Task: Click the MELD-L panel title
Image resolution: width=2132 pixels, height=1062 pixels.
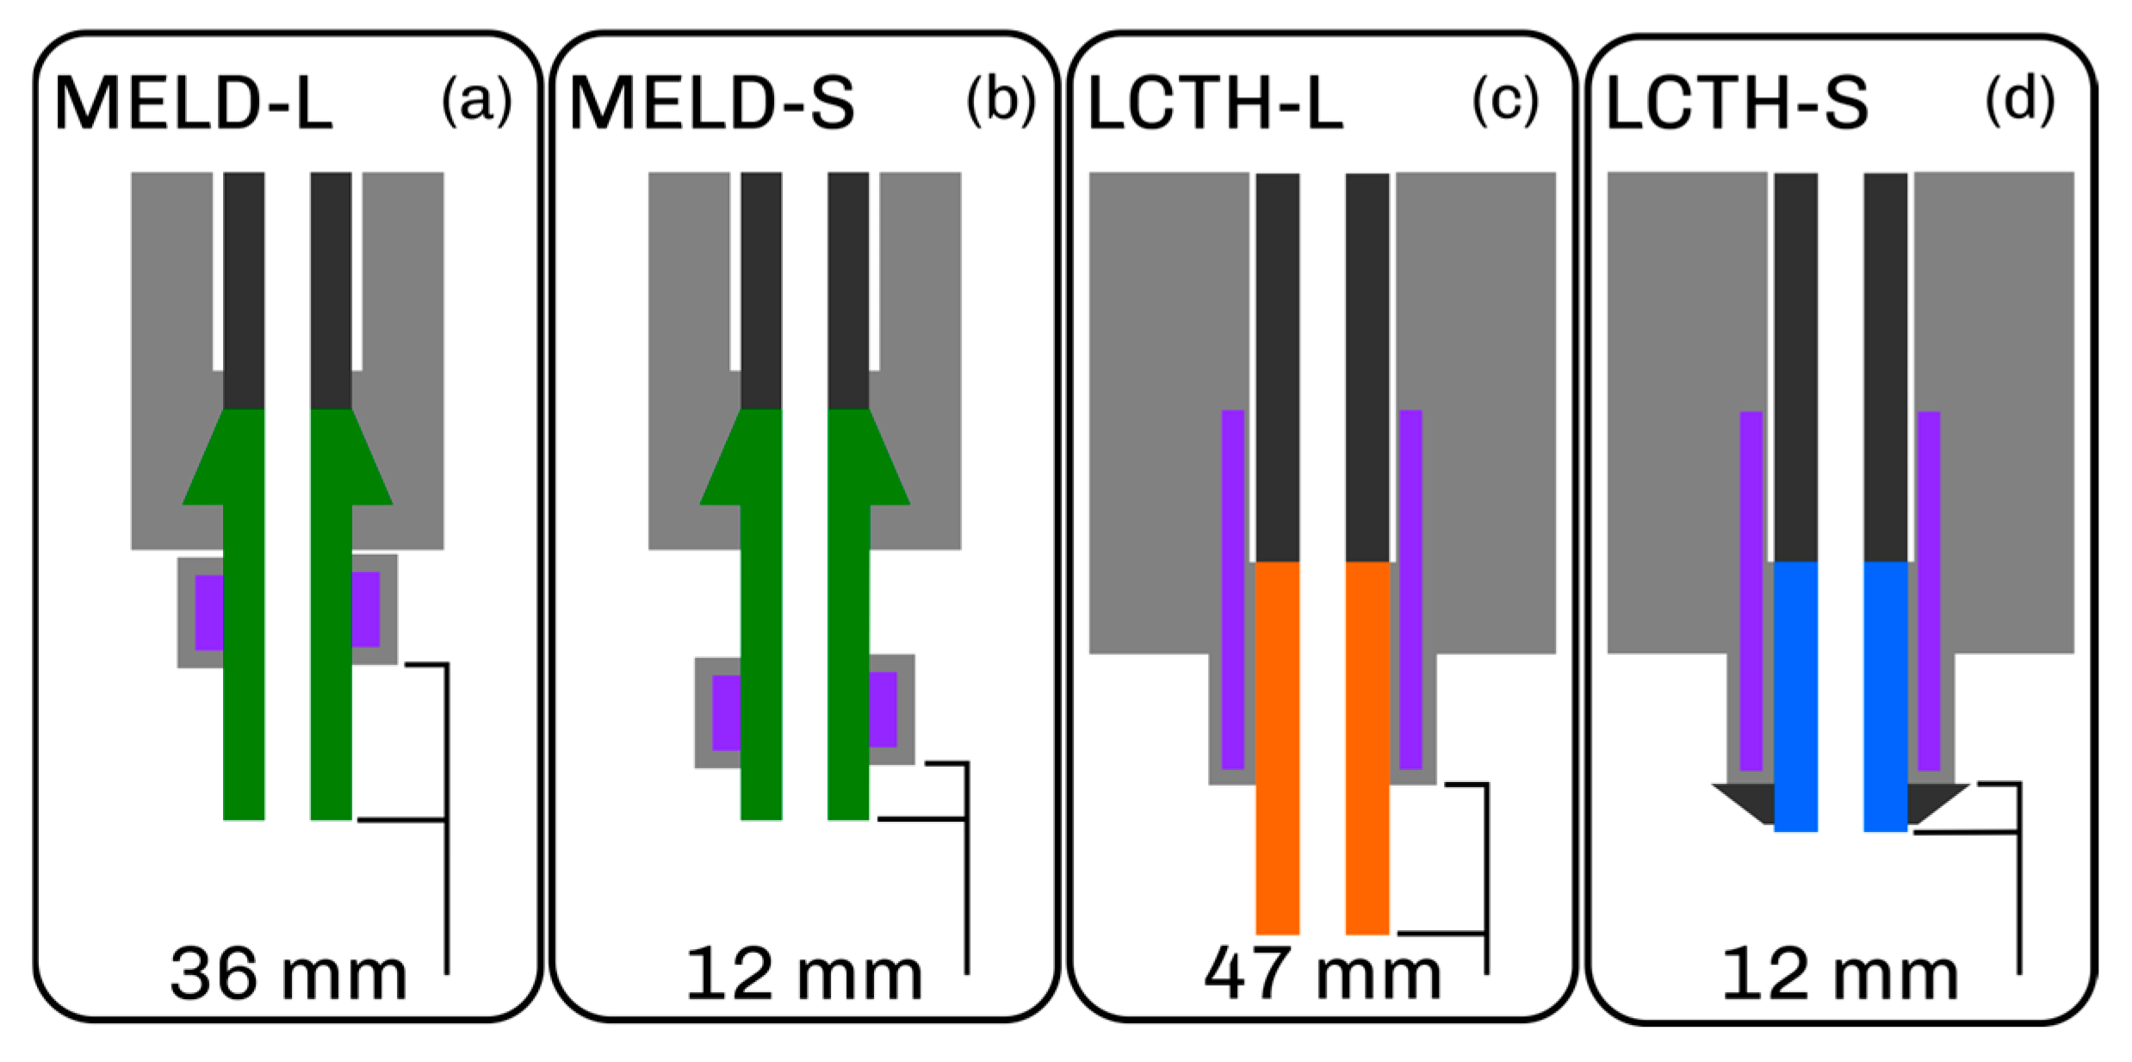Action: (193, 103)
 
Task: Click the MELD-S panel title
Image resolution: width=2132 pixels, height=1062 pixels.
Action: (711, 103)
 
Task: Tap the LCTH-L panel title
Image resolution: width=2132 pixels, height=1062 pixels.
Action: (1215, 103)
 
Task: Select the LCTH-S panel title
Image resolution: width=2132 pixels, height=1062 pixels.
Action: (1737, 103)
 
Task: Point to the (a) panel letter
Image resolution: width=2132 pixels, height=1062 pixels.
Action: (476, 100)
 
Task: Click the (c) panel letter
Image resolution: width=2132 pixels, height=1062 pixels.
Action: (1505, 100)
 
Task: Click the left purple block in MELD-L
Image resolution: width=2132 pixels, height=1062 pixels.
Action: (209, 612)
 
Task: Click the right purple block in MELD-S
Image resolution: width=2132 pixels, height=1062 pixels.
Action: (883, 709)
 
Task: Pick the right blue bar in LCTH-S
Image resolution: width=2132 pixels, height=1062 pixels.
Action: (1885, 696)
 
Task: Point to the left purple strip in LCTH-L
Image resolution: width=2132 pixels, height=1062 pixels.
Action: (1232, 589)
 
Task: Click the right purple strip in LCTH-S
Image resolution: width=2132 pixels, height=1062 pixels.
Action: (1929, 591)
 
